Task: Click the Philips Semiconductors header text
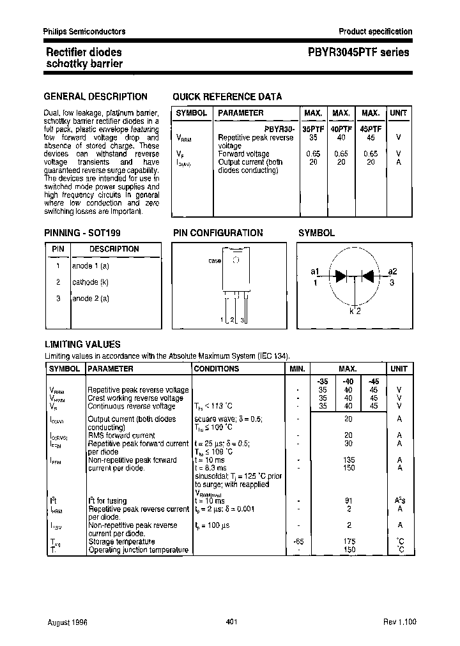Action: (84, 31)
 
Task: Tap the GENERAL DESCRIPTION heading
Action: (95, 97)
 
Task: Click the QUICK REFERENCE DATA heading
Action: (227, 97)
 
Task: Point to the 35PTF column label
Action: (313, 128)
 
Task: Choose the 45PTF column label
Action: (371, 128)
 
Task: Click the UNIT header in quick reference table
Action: (399, 113)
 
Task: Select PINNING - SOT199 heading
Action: (82, 233)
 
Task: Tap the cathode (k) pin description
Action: (90, 282)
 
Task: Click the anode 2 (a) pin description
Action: (91, 298)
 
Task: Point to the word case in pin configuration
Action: (215, 261)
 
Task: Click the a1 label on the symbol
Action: (315, 271)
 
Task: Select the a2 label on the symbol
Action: (392, 271)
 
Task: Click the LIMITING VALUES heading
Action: (82, 344)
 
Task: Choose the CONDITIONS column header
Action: (217, 368)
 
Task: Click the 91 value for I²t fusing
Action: (349, 501)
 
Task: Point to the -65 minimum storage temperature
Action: (298, 541)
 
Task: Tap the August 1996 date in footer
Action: (67, 621)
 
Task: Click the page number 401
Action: (233, 621)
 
